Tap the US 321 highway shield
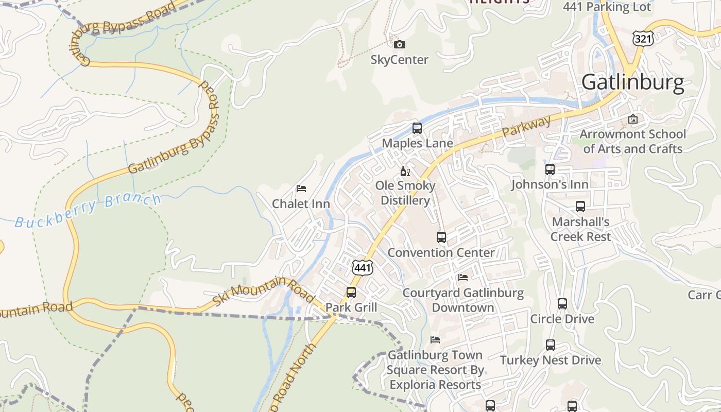(643, 38)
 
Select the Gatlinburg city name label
(633, 83)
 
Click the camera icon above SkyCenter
(399, 45)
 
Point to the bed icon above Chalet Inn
(301, 188)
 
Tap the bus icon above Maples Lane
(417, 128)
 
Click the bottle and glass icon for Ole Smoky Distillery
(405, 171)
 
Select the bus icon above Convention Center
(441, 237)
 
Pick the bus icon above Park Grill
(351, 293)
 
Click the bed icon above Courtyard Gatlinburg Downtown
(463, 278)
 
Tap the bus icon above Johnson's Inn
(550, 169)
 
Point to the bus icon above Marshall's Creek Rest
(580, 207)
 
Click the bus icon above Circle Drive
(562, 304)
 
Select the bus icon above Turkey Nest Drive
(551, 345)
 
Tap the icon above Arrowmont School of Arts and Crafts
(633, 119)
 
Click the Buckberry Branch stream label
(88, 211)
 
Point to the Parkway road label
(526, 127)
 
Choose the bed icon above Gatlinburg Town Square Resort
(435, 340)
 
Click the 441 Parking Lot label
(607, 7)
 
